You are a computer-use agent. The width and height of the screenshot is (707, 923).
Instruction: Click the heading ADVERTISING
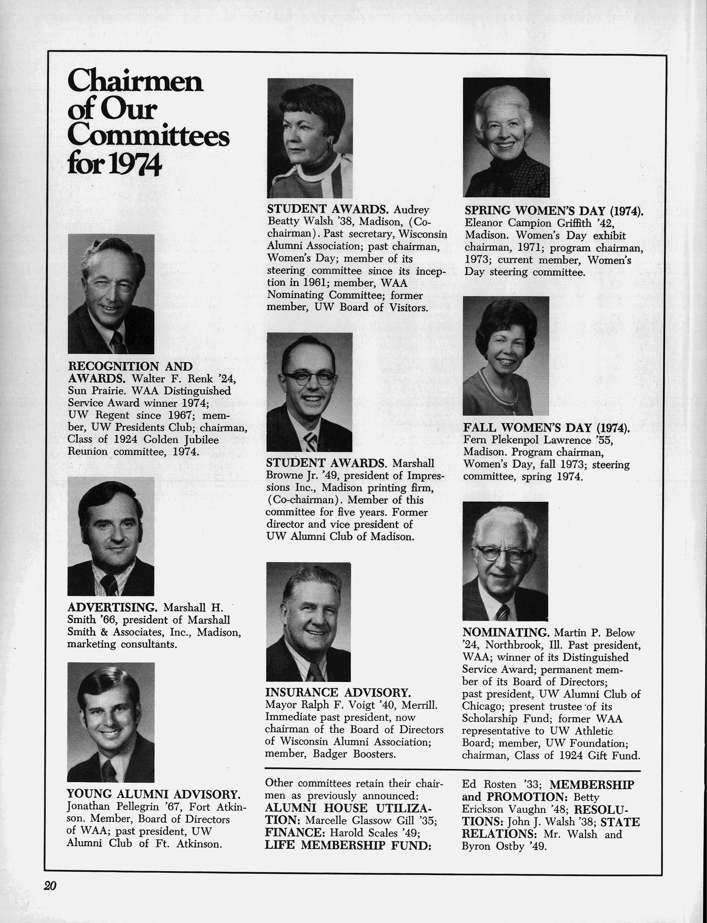click(x=112, y=608)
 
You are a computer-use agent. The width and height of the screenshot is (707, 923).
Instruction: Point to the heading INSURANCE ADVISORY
click(x=338, y=692)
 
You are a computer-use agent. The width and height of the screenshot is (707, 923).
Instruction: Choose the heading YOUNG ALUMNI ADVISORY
click(x=154, y=794)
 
